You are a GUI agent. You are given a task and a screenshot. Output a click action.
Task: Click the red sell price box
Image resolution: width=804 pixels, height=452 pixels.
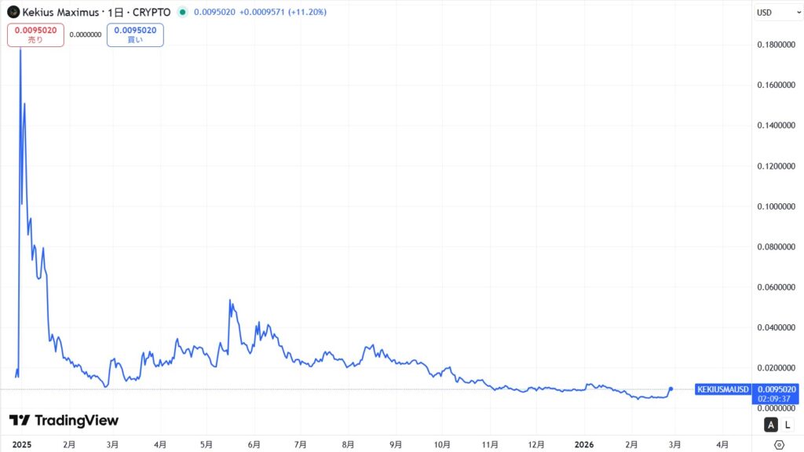tap(35, 35)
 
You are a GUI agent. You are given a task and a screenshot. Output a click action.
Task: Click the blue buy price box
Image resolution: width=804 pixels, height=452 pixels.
tap(135, 35)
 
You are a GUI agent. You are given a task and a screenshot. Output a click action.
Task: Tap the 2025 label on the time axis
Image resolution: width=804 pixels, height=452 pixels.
tap(21, 444)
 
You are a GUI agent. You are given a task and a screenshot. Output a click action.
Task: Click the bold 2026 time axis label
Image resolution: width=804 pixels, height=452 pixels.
tap(583, 444)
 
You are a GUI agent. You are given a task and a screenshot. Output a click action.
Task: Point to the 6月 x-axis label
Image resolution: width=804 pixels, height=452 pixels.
tap(254, 444)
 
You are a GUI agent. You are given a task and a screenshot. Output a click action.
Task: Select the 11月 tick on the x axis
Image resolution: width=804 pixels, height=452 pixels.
tap(490, 444)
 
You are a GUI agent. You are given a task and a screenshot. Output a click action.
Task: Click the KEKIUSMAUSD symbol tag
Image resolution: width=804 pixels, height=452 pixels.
tap(723, 389)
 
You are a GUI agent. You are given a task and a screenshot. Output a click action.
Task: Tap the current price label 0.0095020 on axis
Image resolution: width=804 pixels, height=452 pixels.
tap(776, 389)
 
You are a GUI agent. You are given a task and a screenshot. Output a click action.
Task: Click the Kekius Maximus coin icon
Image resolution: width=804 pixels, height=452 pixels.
tap(13, 13)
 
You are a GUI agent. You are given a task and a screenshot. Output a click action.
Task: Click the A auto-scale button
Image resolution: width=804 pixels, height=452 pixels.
tap(770, 425)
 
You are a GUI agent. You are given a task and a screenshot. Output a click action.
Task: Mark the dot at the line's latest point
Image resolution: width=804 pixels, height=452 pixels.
tap(671, 388)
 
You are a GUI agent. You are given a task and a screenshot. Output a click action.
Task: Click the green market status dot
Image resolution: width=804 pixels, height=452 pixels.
tap(182, 13)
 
